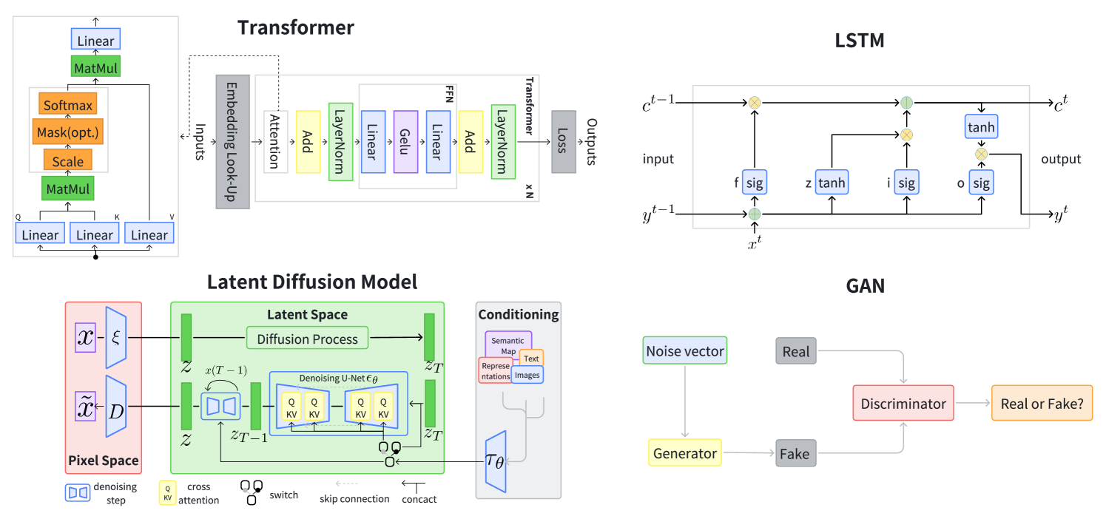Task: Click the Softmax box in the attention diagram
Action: [x=68, y=105]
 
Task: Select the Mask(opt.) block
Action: [x=67, y=133]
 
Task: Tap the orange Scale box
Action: [x=67, y=160]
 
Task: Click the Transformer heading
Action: [x=295, y=28]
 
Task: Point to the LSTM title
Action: [x=860, y=41]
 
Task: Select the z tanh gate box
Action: [x=832, y=182]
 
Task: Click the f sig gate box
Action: [x=755, y=182]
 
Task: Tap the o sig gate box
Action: [x=981, y=182]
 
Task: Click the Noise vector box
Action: [x=685, y=351]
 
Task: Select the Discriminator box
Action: [x=903, y=404]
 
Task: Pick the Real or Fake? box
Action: [x=1042, y=404]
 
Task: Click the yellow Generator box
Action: [x=685, y=453]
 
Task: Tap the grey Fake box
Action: [x=795, y=453]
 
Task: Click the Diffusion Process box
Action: [x=307, y=339]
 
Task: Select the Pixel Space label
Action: [x=104, y=461]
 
